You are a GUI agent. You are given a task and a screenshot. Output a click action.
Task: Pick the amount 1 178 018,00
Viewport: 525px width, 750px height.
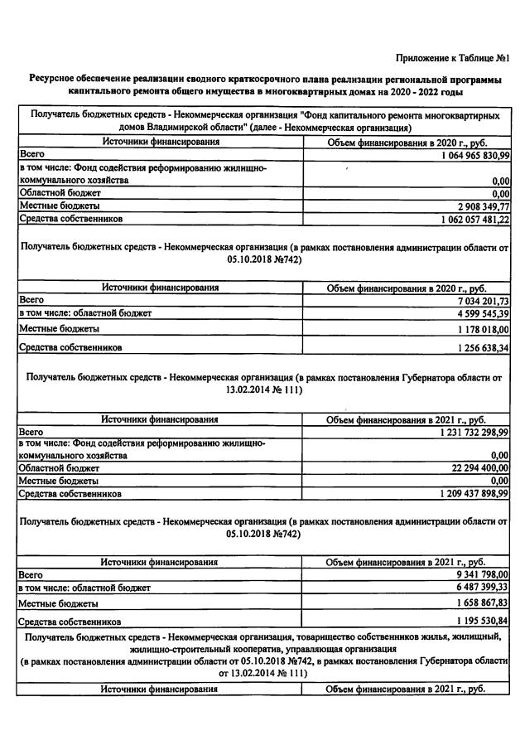[x=479, y=329]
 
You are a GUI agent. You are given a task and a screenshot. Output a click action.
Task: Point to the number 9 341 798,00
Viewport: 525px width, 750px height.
[x=479, y=573]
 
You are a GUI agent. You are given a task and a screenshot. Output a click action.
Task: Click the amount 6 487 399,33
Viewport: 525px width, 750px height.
[x=479, y=587]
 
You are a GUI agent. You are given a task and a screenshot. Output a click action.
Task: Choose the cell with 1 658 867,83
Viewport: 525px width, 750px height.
[x=479, y=603]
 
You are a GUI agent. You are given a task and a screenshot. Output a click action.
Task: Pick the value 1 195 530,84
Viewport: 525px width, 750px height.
[x=479, y=621]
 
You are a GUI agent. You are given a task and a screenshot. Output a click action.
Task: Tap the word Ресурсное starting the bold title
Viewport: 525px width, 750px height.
[x=55, y=77]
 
